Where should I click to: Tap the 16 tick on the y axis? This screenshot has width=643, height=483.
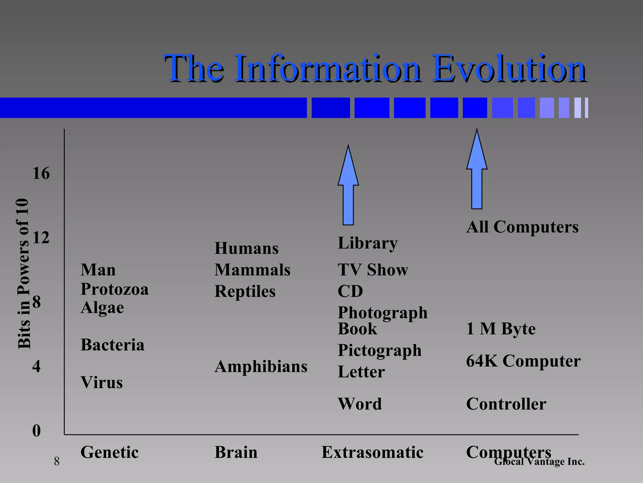click(x=41, y=173)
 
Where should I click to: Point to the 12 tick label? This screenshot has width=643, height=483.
click(x=41, y=237)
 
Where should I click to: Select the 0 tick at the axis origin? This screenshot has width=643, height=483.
click(x=36, y=430)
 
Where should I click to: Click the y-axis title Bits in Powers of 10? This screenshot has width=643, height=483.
click(x=24, y=274)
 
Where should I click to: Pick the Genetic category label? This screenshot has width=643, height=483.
click(x=109, y=452)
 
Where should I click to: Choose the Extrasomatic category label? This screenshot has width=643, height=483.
click(x=372, y=452)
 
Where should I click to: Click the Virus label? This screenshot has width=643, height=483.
click(x=101, y=382)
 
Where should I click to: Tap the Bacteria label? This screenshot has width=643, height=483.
click(x=112, y=345)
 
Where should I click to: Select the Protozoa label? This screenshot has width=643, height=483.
click(x=114, y=289)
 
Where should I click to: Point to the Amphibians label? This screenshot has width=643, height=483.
click(x=261, y=366)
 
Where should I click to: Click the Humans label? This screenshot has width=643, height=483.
click(x=246, y=248)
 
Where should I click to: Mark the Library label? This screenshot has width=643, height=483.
click(x=368, y=243)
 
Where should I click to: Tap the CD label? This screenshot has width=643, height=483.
click(x=350, y=291)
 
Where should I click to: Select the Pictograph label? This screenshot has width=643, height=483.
click(x=379, y=350)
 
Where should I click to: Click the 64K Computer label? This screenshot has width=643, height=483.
click(x=523, y=361)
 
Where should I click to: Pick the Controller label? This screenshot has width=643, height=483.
click(x=506, y=404)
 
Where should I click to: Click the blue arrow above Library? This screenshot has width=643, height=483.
click(x=348, y=186)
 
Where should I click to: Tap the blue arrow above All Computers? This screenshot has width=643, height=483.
click(x=477, y=170)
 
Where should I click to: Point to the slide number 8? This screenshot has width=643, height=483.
click(x=57, y=461)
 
